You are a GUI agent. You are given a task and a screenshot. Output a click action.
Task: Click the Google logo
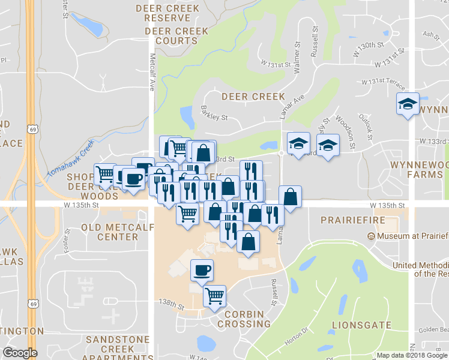(20, 353)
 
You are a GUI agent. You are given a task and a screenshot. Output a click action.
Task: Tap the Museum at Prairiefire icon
(372, 236)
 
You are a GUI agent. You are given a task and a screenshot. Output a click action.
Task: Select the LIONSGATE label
(361, 326)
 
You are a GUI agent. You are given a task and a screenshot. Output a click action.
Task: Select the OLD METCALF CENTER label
(109, 232)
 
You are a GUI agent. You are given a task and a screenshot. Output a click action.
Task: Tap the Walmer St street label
(297, 59)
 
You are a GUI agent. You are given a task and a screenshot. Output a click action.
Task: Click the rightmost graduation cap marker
(408, 104)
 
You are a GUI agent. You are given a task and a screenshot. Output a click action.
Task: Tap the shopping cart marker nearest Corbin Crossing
(214, 295)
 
